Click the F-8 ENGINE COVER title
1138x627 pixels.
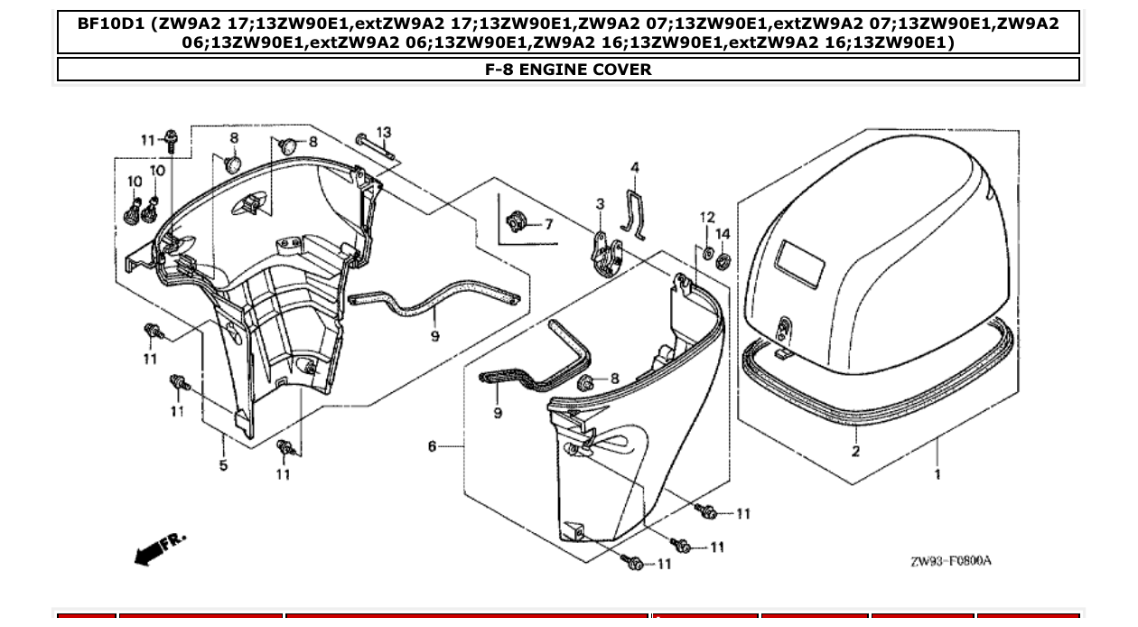[x=568, y=70]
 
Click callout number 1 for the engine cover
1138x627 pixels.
[x=937, y=473]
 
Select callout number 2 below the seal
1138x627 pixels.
[x=855, y=451]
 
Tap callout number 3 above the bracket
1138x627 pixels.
[x=600, y=205]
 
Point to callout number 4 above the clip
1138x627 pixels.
[x=635, y=168]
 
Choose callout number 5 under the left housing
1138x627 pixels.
[x=223, y=465]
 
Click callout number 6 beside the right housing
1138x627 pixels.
[x=433, y=445]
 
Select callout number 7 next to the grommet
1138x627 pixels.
[x=548, y=224]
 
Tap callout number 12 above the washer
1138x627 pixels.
[x=706, y=218]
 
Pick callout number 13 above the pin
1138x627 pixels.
[x=384, y=133]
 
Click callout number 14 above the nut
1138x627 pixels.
[x=723, y=234]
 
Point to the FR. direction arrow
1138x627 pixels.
[x=159, y=548]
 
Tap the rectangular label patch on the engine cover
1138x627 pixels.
[x=800, y=263]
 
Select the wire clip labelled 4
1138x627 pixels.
[x=633, y=212]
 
